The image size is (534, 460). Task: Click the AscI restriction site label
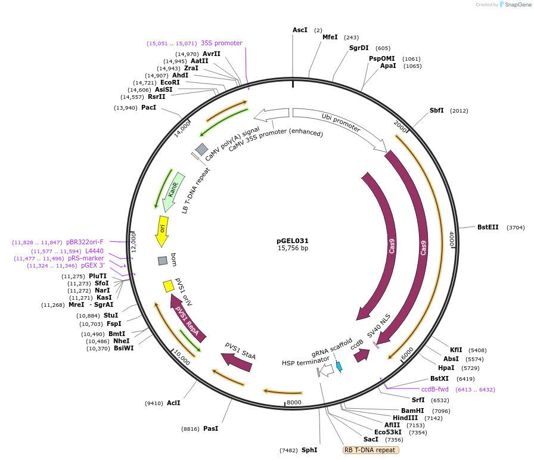300,30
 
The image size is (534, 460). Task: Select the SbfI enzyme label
437,110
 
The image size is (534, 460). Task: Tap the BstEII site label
488,227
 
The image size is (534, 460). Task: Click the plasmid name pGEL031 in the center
293,241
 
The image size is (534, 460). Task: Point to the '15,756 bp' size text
293,248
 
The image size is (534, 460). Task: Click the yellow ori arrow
162,231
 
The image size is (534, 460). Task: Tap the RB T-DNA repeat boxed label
371,450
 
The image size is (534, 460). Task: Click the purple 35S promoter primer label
221,43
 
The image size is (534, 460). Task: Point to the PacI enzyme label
148,107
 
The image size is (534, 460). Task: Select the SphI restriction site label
309,450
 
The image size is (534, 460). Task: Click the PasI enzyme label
210,428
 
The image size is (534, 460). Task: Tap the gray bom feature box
163,260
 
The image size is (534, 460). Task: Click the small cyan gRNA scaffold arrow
339,366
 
